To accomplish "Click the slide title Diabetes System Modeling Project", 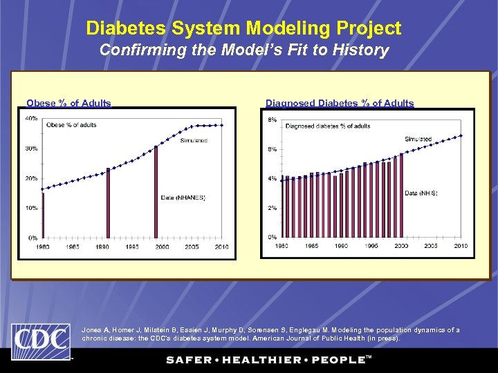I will tap(243, 28).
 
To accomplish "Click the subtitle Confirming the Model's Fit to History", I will tap(243, 50).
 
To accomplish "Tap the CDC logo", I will tap(40, 341).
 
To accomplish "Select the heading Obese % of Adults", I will tap(68, 104).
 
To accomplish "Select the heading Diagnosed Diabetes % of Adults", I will tap(340, 104).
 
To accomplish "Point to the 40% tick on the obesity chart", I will tap(31, 118).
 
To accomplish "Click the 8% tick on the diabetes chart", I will tap(273, 120).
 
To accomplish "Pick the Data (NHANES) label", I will tap(183, 198).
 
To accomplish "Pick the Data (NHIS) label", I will tap(421, 193).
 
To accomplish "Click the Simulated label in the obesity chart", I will tap(194, 141).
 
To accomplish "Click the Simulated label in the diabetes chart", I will tap(418, 140).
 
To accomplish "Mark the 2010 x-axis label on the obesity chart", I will tap(221, 247).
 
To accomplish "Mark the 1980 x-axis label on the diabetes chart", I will tap(282, 246).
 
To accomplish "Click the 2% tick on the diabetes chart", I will tap(273, 208).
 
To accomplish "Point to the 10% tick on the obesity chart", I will tap(31, 208).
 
